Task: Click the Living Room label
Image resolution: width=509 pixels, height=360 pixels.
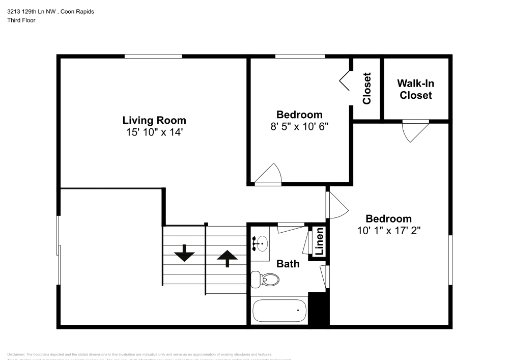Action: (x=154, y=121)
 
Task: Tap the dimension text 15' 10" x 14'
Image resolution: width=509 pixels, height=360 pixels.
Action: (x=154, y=132)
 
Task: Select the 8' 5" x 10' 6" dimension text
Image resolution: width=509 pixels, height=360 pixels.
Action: (x=299, y=126)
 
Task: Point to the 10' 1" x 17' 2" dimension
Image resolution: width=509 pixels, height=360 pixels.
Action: (x=388, y=230)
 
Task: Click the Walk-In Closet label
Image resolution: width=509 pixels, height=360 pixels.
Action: (x=416, y=90)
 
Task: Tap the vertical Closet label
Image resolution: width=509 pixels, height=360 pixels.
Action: (x=366, y=88)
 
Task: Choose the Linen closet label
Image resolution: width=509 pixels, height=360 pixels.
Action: (x=320, y=242)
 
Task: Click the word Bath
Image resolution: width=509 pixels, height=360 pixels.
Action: (x=288, y=264)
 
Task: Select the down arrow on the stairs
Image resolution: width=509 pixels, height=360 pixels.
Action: (x=184, y=253)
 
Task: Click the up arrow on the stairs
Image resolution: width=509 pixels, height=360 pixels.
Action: (x=227, y=258)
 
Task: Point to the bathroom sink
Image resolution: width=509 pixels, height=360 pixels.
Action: (x=261, y=244)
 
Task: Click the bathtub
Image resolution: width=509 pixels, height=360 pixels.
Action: (x=279, y=309)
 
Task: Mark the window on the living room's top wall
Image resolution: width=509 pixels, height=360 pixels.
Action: (x=153, y=56)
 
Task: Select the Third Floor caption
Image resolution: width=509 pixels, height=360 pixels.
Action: (x=21, y=20)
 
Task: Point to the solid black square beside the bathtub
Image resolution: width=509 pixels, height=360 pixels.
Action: (x=318, y=310)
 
